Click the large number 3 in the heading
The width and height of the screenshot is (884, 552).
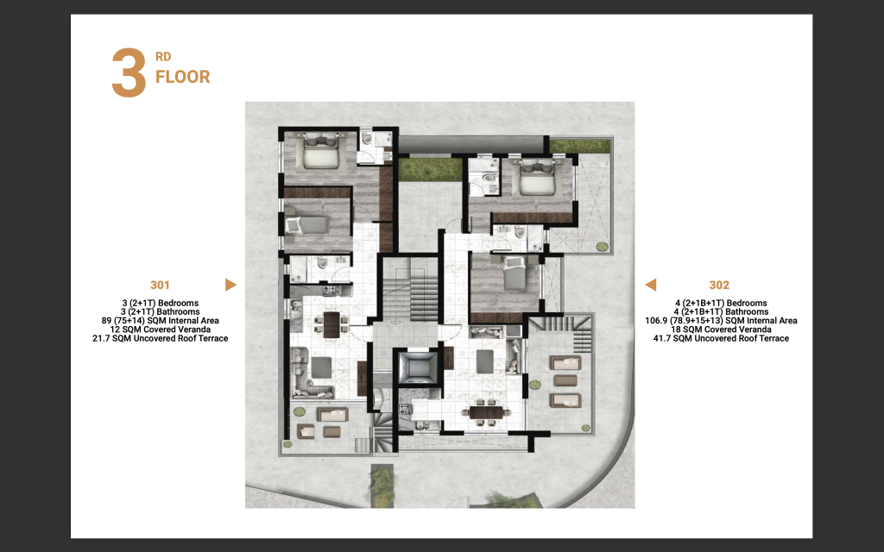click(129, 73)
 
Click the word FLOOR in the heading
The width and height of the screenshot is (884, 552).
click(183, 77)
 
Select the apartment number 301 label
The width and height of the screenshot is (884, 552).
click(160, 285)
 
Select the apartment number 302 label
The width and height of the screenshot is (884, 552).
click(719, 285)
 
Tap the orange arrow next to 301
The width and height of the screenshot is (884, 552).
click(230, 285)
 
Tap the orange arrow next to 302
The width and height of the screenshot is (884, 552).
click(651, 285)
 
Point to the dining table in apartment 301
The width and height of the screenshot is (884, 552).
click(331, 324)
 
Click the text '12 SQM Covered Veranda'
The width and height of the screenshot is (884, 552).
click(160, 329)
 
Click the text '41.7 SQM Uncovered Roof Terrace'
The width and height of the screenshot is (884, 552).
click(721, 338)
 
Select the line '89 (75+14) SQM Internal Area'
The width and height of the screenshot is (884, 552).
click(160, 321)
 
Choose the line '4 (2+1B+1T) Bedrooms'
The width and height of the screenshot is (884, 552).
click(721, 303)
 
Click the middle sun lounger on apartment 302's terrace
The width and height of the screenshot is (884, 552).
click(565, 380)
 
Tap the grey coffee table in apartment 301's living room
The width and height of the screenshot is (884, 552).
click(321, 367)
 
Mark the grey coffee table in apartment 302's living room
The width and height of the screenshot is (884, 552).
click(485, 361)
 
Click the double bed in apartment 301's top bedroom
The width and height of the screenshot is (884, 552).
click(320, 151)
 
